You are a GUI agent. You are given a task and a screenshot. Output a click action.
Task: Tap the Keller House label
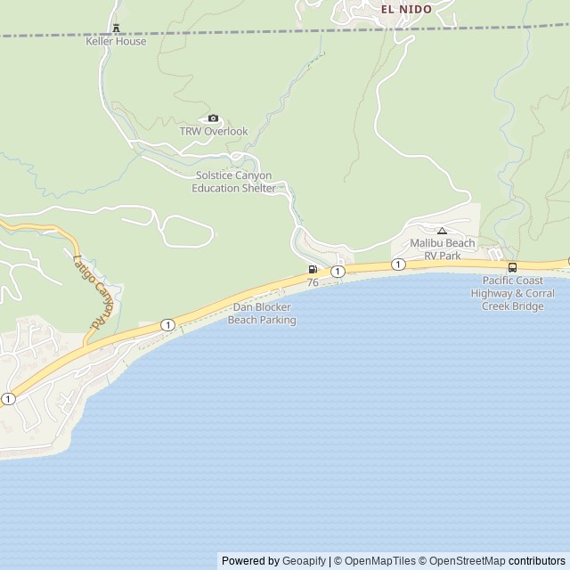(x=116, y=41)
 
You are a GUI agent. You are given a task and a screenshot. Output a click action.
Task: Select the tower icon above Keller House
(x=116, y=28)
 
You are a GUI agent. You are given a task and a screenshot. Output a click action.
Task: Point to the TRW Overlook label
(x=214, y=131)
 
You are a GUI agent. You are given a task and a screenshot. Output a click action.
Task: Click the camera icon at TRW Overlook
(x=213, y=118)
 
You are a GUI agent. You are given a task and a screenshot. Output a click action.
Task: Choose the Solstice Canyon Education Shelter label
(x=232, y=182)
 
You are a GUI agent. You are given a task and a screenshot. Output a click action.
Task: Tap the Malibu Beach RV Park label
(x=442, y=248)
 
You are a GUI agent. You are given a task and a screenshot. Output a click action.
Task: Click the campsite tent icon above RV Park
(x=442, y=231)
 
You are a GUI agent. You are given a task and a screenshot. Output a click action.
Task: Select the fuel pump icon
(x=313, y=269)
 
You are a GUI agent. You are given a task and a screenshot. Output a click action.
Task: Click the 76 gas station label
(x=313, y=282)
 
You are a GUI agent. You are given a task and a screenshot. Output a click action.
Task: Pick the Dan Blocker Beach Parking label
(x=262, y=313)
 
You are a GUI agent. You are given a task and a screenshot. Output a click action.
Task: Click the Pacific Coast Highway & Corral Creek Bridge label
(x=512, y=293)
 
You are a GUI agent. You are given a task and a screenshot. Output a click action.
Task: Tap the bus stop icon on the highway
(x=512, y=267)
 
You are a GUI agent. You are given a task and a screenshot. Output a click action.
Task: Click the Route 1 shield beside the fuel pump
(x=338, y=271)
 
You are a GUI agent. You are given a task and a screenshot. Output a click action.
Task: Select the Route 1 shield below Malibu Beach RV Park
(x=397, y=265)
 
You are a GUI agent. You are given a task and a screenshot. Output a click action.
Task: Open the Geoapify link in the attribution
(x=304, y=561)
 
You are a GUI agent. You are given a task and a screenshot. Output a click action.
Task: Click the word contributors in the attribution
(x=537, y=561)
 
